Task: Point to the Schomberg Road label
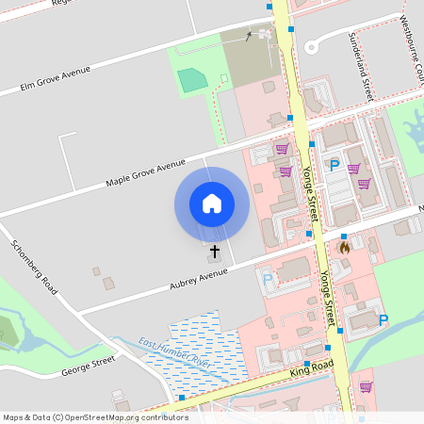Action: point(34,267)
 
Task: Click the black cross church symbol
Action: point(215,252)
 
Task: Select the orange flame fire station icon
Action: point(344,248)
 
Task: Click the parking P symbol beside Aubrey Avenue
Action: point(268,279)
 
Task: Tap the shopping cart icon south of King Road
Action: point(365,386)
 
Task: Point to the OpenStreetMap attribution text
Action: point(95,417)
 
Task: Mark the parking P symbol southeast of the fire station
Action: point(383,320)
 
